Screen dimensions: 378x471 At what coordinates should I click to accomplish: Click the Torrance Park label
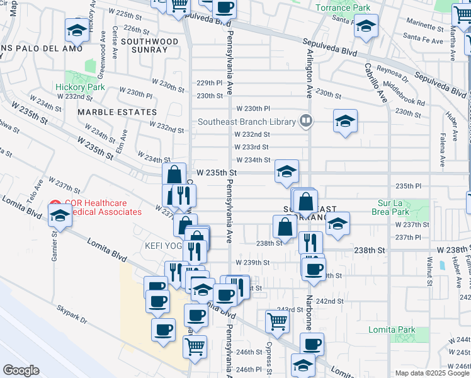343,8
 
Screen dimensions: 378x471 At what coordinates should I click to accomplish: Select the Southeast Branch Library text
246,122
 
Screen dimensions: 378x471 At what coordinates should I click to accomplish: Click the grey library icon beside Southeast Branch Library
306,120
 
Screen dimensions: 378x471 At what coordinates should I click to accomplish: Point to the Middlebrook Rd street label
404,93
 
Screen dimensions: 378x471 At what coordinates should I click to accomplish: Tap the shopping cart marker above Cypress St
277,322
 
